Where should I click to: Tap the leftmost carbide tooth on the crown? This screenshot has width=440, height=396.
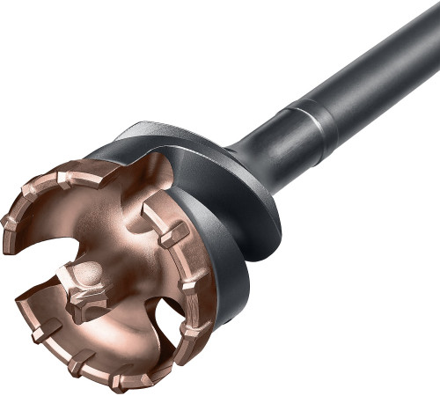coord(11,220)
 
